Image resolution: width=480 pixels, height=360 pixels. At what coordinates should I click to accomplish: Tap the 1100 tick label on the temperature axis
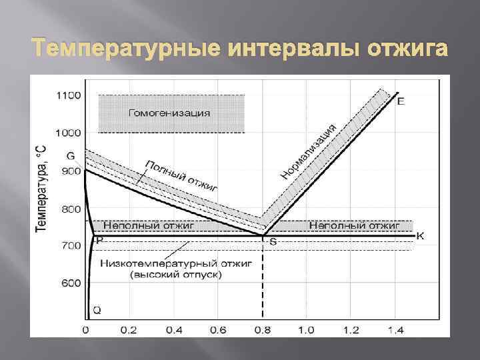pyautogui.click(x=68, y=95)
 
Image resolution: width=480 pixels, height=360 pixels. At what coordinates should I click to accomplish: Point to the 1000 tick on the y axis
pyautogui.click(x=68, y=133)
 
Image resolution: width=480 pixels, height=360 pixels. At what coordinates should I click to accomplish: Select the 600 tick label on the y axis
pyautogui.click(x=71, y=283)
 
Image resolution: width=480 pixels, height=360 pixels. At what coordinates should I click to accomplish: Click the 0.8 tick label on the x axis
pyautogui.click(x=263, y=330)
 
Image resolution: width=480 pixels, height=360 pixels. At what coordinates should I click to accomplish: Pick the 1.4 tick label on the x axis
pyautogui.click(x=395, y=330)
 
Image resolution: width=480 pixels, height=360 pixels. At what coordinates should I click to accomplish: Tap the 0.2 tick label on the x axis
pyautogui.click(x=129, y=330)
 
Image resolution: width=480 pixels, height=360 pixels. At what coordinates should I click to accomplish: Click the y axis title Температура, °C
pyautogui.click(x=41, y=186)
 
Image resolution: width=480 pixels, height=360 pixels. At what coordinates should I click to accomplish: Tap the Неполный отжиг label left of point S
pyautogui.click(x=148, y=226)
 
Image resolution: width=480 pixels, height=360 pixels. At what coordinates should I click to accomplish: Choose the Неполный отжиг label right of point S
pyautogui.click(x=353, y=226)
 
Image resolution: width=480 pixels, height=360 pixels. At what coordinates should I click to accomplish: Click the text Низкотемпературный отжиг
pyautogui.click(x=175, y=263)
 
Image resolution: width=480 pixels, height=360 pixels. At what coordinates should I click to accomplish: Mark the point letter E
pyautogui.click(x=400, y=101)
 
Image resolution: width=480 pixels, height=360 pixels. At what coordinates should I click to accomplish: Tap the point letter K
pyautogui.click(x=420, y=235)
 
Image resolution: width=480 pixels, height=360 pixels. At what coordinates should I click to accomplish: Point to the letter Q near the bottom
pyautogui.click(x=97, y=309)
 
